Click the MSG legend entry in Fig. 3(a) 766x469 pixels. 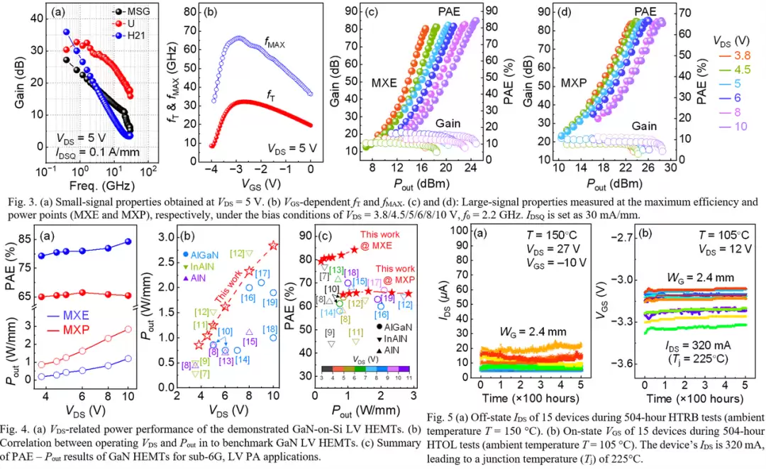pos(135,12)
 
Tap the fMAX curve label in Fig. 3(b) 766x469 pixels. pos(275,44)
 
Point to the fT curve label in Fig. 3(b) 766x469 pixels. pos(270,93)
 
